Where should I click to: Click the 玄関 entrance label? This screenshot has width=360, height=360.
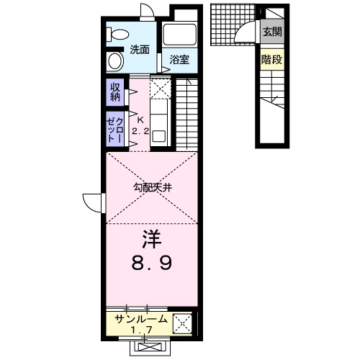click(272, 32)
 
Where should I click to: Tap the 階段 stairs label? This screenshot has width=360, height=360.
click(271, 59)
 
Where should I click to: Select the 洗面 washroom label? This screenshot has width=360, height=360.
click(140, 50)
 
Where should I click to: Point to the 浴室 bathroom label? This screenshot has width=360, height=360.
click(179, 60)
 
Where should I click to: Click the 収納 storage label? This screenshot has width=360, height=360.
click(115, 92)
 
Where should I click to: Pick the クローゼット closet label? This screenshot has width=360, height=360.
click(115, 129)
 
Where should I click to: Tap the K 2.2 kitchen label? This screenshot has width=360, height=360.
click(140, 125)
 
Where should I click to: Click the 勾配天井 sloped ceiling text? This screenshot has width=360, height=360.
click(153, 187)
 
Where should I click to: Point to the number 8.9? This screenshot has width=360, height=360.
click(152, 264)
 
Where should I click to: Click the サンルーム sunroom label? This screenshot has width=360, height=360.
click(141, 319)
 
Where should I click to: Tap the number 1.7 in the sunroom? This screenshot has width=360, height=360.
click(142, 330)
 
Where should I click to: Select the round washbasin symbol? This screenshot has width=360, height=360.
click(116, 61)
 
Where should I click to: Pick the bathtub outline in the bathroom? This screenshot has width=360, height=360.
click(179, 34)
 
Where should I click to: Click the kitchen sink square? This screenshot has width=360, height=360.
click(158, 136)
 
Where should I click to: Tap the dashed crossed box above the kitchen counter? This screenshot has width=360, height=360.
click(161, 88)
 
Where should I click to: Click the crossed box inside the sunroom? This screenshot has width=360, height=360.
click(182, 323)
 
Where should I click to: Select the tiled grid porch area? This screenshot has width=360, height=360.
click(233, 24)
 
